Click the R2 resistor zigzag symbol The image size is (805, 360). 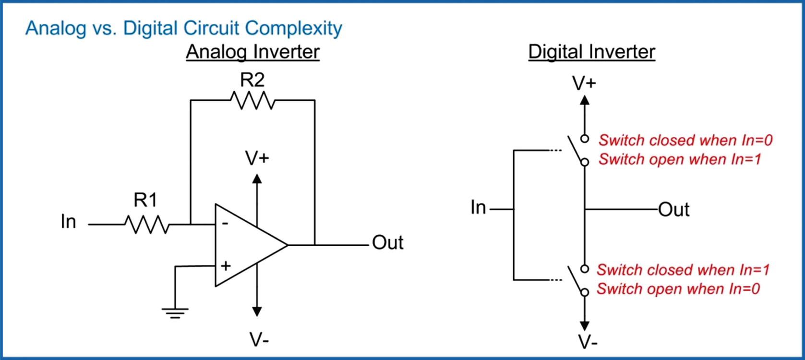pyautogui.click(x=252, y=100)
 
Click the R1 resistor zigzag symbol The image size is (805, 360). pyautogui.click(x=147, y=224)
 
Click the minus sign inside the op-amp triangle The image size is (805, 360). pyautogui.click(x=225, y=224)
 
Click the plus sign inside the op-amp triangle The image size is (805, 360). pyautogui.click(x=226, y=265)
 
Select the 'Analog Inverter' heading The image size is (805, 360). pyautogui.click(x=252, y=52)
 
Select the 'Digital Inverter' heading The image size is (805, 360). pyautogui.click(x=591, y=52)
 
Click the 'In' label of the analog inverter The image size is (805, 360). pyautogui.click(x=68, y=221)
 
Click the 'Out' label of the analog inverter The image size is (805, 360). pyautogui.click(x=387, y=242)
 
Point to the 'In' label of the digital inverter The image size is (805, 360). pyautogui.click(x=478, y=207)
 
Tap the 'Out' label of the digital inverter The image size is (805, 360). pyautogui.click(x=673, y=210)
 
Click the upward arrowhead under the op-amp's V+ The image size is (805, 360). pyautogui.click(x=257, y=179)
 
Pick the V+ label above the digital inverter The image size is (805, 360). pyautogui.click(x=584, y=84)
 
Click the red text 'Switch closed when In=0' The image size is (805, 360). pyautogui.click(x=685, y=140)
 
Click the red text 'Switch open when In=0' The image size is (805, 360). pyautogui.click(x=678, y=289)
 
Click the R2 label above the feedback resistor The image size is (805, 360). pyautogui.click(x=252, y=80)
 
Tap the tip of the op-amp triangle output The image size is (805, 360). pyautogui.click(x=287, y=245)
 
